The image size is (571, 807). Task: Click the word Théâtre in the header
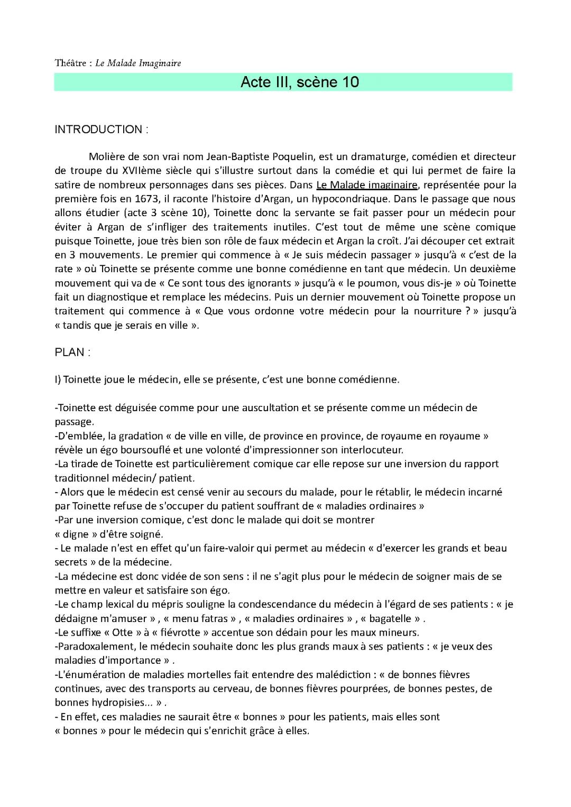70,63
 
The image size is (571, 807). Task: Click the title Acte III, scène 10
299,82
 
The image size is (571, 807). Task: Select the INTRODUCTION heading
101,129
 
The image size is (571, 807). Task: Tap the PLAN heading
72,353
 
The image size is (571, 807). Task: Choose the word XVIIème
142,171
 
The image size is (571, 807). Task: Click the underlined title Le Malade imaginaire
367,185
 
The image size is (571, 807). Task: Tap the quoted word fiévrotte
180,633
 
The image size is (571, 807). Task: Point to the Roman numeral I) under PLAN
58,380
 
